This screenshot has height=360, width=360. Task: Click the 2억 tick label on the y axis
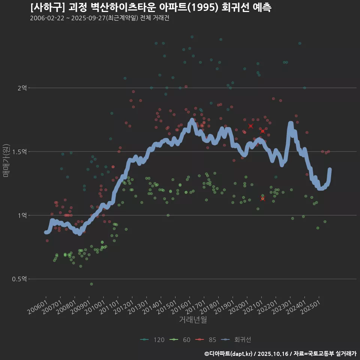[x=22, y=88]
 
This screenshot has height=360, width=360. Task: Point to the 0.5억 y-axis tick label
[x=19, y=279]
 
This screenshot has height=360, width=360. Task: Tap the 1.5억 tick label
[x=19, y=152]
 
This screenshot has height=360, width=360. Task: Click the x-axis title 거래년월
[x=193, y=320]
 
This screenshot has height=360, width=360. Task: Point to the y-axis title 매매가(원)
[x=6, y=160]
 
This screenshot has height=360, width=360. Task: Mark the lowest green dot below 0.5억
[x=91, y=284]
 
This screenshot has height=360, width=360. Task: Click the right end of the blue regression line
[x=330, y=169]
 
